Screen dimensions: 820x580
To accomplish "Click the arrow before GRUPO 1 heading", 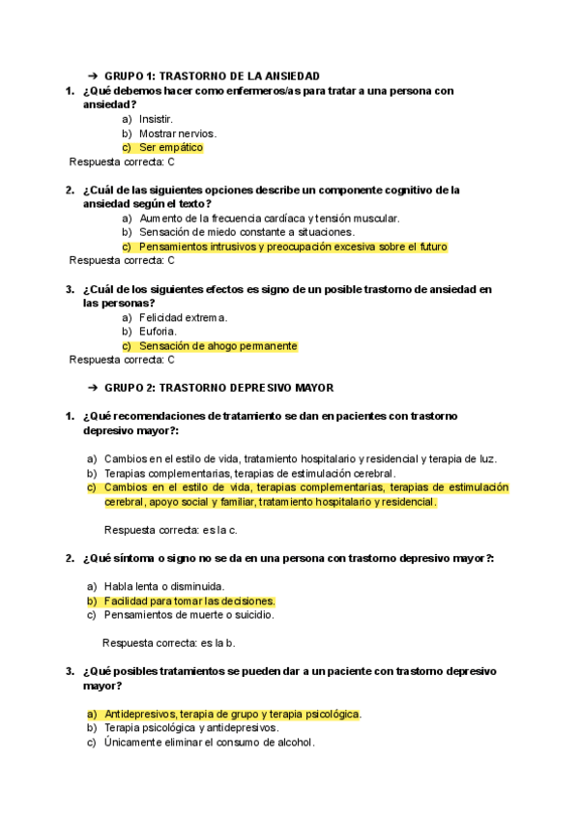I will coord(93,75).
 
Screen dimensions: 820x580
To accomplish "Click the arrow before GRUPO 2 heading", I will coord(93,388).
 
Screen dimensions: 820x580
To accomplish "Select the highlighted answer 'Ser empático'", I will coord(170,148).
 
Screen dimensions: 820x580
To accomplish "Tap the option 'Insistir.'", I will coord(156,119).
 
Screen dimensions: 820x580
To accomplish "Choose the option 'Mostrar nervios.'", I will coord(178,133).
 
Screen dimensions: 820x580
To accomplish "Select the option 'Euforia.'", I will coord(158,332).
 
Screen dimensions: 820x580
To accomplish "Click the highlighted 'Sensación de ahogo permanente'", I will coord(217,346).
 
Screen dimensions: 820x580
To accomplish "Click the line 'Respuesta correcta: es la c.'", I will coord(170,530).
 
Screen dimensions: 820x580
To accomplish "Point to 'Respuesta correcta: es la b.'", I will coord(169,643).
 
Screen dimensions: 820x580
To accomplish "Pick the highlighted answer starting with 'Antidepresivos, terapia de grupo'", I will coord(232,715).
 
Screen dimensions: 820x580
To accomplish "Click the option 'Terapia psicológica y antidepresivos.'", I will coord(190,728).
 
